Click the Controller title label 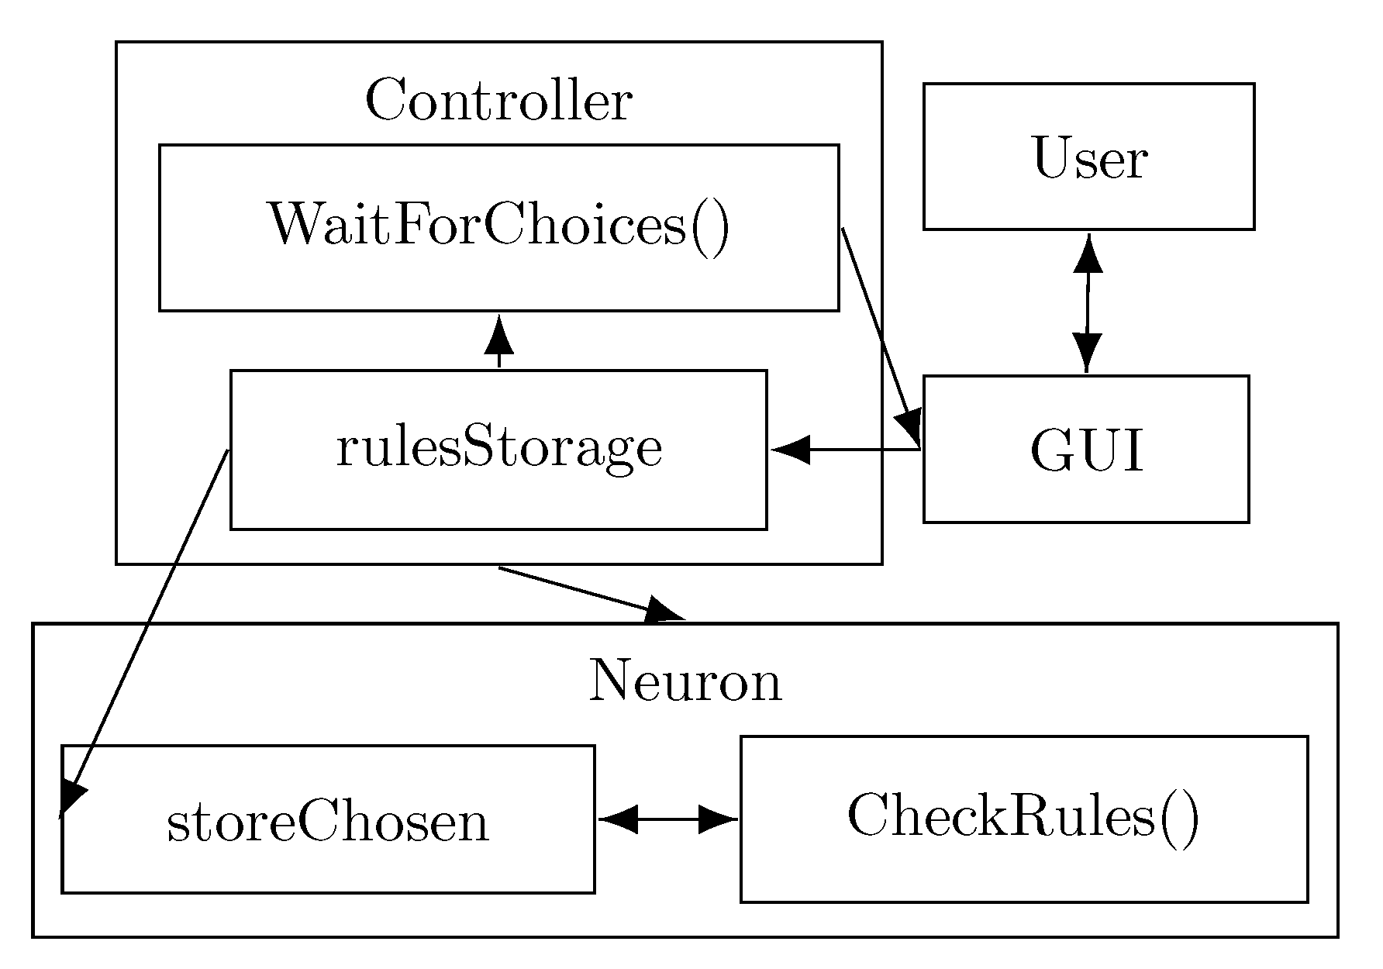[x=498, y=101]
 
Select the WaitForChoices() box [x=498, y=227]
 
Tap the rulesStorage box [x=498, y=450]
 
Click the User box [x=1088, y=157]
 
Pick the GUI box [x=1085, y=450]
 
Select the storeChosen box [x=327, y=819]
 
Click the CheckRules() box [x=1023, y=818]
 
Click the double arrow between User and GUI [x=1088, y=302]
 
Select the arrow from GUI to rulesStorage [x=853, y=449]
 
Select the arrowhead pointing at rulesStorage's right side [x=791, y=449]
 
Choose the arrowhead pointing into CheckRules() [x=717, y=819]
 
